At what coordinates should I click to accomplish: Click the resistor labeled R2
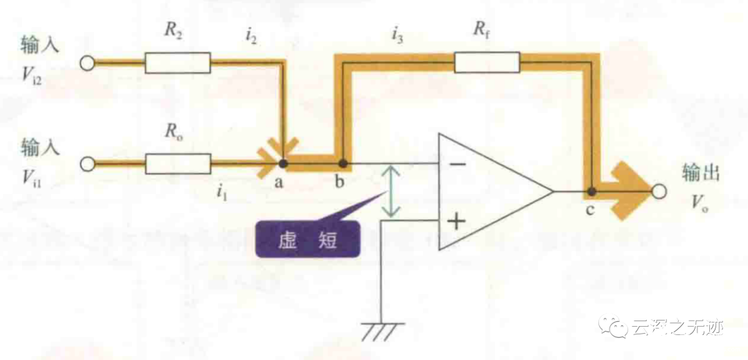click(x=177, y=63)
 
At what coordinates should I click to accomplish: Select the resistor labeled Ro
click(x=177, y=164)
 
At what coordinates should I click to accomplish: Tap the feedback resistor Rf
click(x=486, y=63)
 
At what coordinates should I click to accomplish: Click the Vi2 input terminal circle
click(x=87, y=63)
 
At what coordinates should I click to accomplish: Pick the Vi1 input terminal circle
click(x=87, y=164)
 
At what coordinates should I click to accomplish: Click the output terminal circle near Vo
click(x=659, y=191)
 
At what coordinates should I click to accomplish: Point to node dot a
click(x=283, y=164)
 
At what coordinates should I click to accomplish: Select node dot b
click(x=342, y=164)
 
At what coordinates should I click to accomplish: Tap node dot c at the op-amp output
click(x=591, y=191)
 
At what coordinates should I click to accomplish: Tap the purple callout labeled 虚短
click(x=308, y=239)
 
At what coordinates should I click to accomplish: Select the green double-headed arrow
click(x=392, y=191)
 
